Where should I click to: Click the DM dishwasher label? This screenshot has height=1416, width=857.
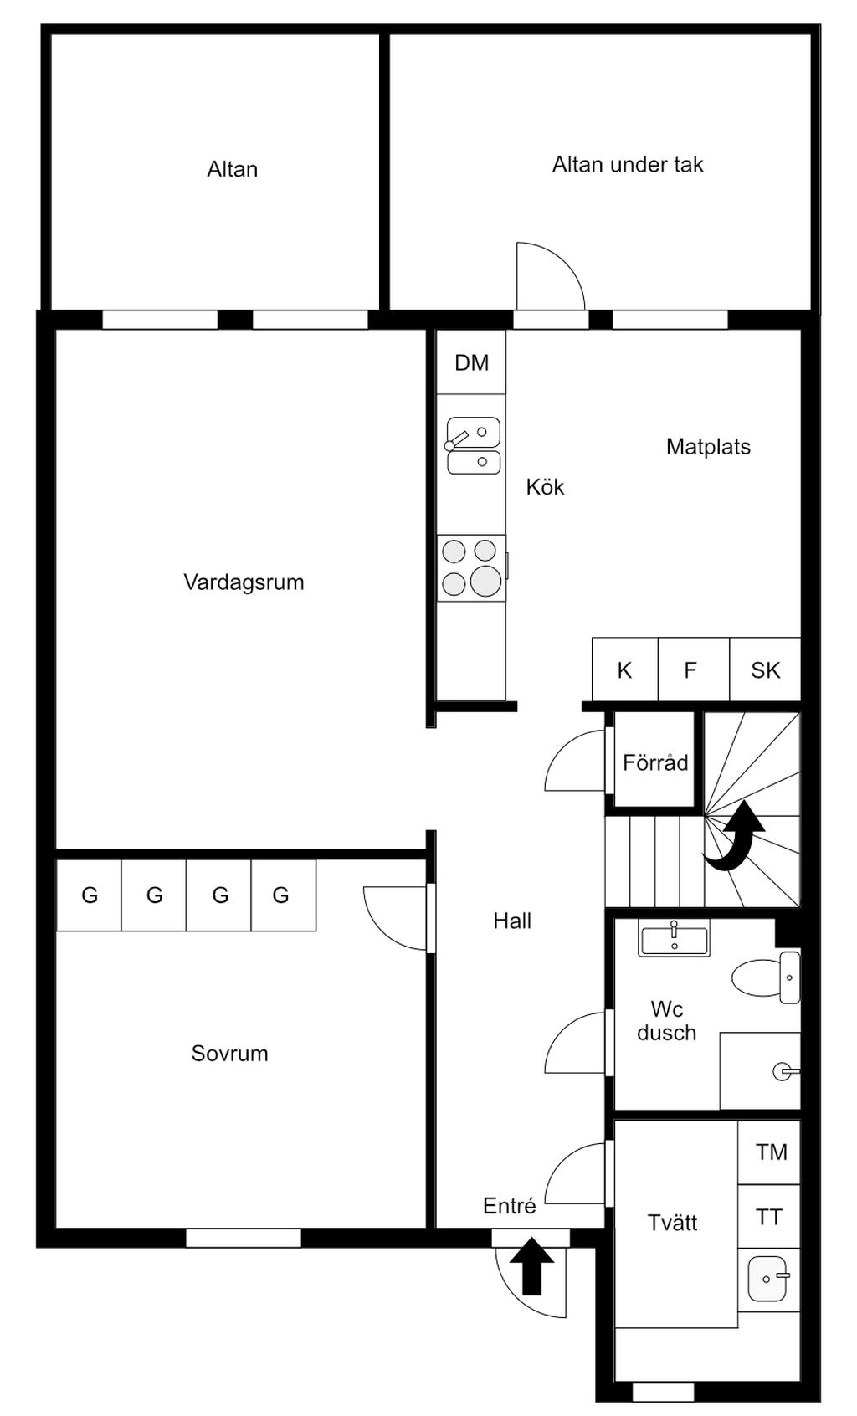tap(471, 363)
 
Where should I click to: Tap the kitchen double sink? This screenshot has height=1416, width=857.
tap(474, 446)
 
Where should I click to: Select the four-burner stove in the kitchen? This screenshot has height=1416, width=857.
tap(472, 567)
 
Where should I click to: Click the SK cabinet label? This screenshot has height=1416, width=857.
tap(765, 670)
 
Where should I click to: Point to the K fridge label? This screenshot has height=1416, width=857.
tap(624, 670)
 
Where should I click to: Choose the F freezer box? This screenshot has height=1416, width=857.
tap(693, 669)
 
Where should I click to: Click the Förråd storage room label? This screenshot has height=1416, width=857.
tap(655, 762)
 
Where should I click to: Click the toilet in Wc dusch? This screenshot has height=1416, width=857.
tap(766, 977)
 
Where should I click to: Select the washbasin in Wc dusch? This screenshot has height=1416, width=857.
tap(674, 938)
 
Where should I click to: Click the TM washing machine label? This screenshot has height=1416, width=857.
tap(771, 1152)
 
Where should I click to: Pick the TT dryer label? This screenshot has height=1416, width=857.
tap(769, 1217)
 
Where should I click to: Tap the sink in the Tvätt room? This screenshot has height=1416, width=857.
tap(768, 1279)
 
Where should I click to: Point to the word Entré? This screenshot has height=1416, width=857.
tap(510, 1206)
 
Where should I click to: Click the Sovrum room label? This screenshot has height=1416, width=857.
tap(229, 1053)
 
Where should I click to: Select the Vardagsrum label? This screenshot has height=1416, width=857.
tap(244, 582)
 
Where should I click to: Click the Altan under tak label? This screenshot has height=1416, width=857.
tap(628, 165)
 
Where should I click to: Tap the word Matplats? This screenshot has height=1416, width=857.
tap(708, 447)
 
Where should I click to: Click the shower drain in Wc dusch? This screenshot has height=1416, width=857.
tap(783, 1071)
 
